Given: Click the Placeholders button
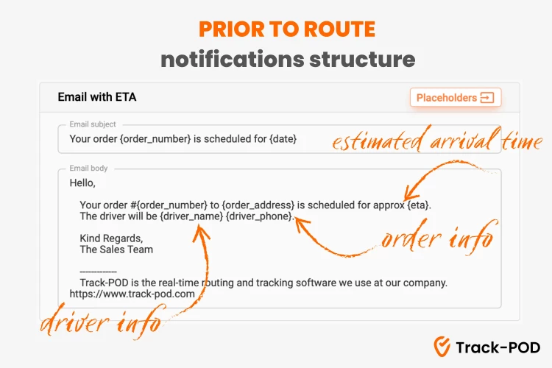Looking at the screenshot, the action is point(456,97).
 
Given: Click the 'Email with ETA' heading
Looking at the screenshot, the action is point(97,97).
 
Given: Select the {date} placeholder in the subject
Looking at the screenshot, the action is point(283,139).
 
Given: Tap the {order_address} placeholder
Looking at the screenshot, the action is point(258,205).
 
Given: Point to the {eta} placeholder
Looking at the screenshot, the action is point(418,205).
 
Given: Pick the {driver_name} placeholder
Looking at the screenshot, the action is point(191,216).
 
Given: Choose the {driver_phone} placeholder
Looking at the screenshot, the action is point(259,216).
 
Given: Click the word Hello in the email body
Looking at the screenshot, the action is point(81,183).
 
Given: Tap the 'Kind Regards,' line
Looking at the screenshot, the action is point(111,238).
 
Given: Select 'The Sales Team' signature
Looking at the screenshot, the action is point(116,250).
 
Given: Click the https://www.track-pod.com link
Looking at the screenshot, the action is point(132,294).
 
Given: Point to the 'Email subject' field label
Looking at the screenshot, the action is point(93,124).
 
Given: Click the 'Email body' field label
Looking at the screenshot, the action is point(88,169).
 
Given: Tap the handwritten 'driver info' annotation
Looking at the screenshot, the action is point(102,322).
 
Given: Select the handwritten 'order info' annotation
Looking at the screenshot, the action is point(439,237).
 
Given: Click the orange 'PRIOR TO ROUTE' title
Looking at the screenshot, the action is point(287,29).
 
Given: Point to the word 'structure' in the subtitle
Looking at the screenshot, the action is point(362,59).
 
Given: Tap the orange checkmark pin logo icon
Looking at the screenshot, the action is point(442,347).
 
